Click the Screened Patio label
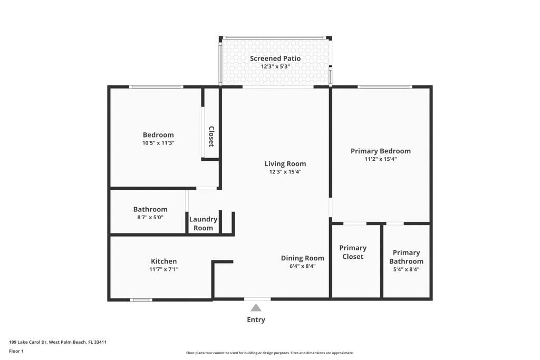coord(275,59)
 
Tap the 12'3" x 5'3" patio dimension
coord(275,67)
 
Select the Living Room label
coord(285,163)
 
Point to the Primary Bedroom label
coord(380,151)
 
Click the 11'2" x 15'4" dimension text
coord(380,159)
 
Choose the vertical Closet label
coord(211,136)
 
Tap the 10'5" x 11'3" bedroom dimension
coord(158,143)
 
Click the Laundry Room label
coord(203,223)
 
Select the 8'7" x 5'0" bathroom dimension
coord(150,217)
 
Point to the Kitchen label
coord(164,261)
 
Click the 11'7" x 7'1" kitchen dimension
coord(164,269)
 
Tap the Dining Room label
coord(302,258)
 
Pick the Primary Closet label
coord(353,252)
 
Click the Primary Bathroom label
coord(406,257)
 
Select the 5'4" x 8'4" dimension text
coord(406,269)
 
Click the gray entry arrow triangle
coord(256,308)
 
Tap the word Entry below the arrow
coord(256,320)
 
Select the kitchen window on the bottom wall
coord(141,300)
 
